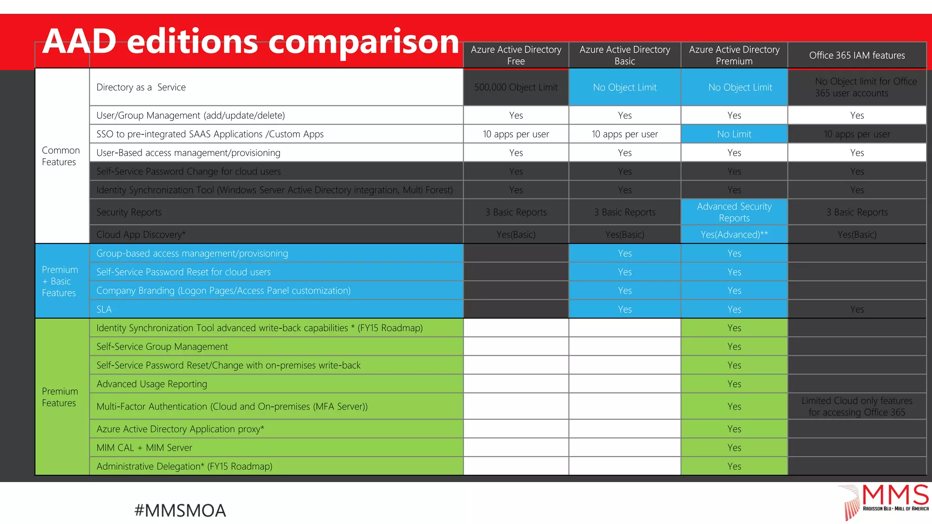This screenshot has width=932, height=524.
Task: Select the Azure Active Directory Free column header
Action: pos(516,55)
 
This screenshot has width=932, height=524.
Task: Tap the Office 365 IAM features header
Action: pos(856,55)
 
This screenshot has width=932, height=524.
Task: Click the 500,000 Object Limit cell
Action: pos(516,87)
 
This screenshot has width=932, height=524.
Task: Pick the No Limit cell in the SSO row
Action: pos(734,134)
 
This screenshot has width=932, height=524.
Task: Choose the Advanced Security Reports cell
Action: pos(734,212)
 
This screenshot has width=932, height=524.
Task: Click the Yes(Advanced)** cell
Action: pos(734,235)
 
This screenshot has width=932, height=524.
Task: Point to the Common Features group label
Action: pos(61,156)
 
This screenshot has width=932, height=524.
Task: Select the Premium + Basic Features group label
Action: pos(60,281)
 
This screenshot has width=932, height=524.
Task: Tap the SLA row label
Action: pos(104,309)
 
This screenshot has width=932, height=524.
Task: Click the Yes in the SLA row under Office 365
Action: pos(856,309)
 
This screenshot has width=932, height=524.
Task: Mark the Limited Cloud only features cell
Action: pos(856,406)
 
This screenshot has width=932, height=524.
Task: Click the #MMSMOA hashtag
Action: pos(180,510)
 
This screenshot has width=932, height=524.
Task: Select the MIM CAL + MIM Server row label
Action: pos(144,448)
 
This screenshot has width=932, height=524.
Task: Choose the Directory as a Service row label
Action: pos(141,87)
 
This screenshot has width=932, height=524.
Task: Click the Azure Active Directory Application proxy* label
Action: pos(180,429)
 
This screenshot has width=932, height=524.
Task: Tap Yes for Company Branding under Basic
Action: pos(624,291)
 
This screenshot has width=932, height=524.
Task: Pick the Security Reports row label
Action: pos(129,212)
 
